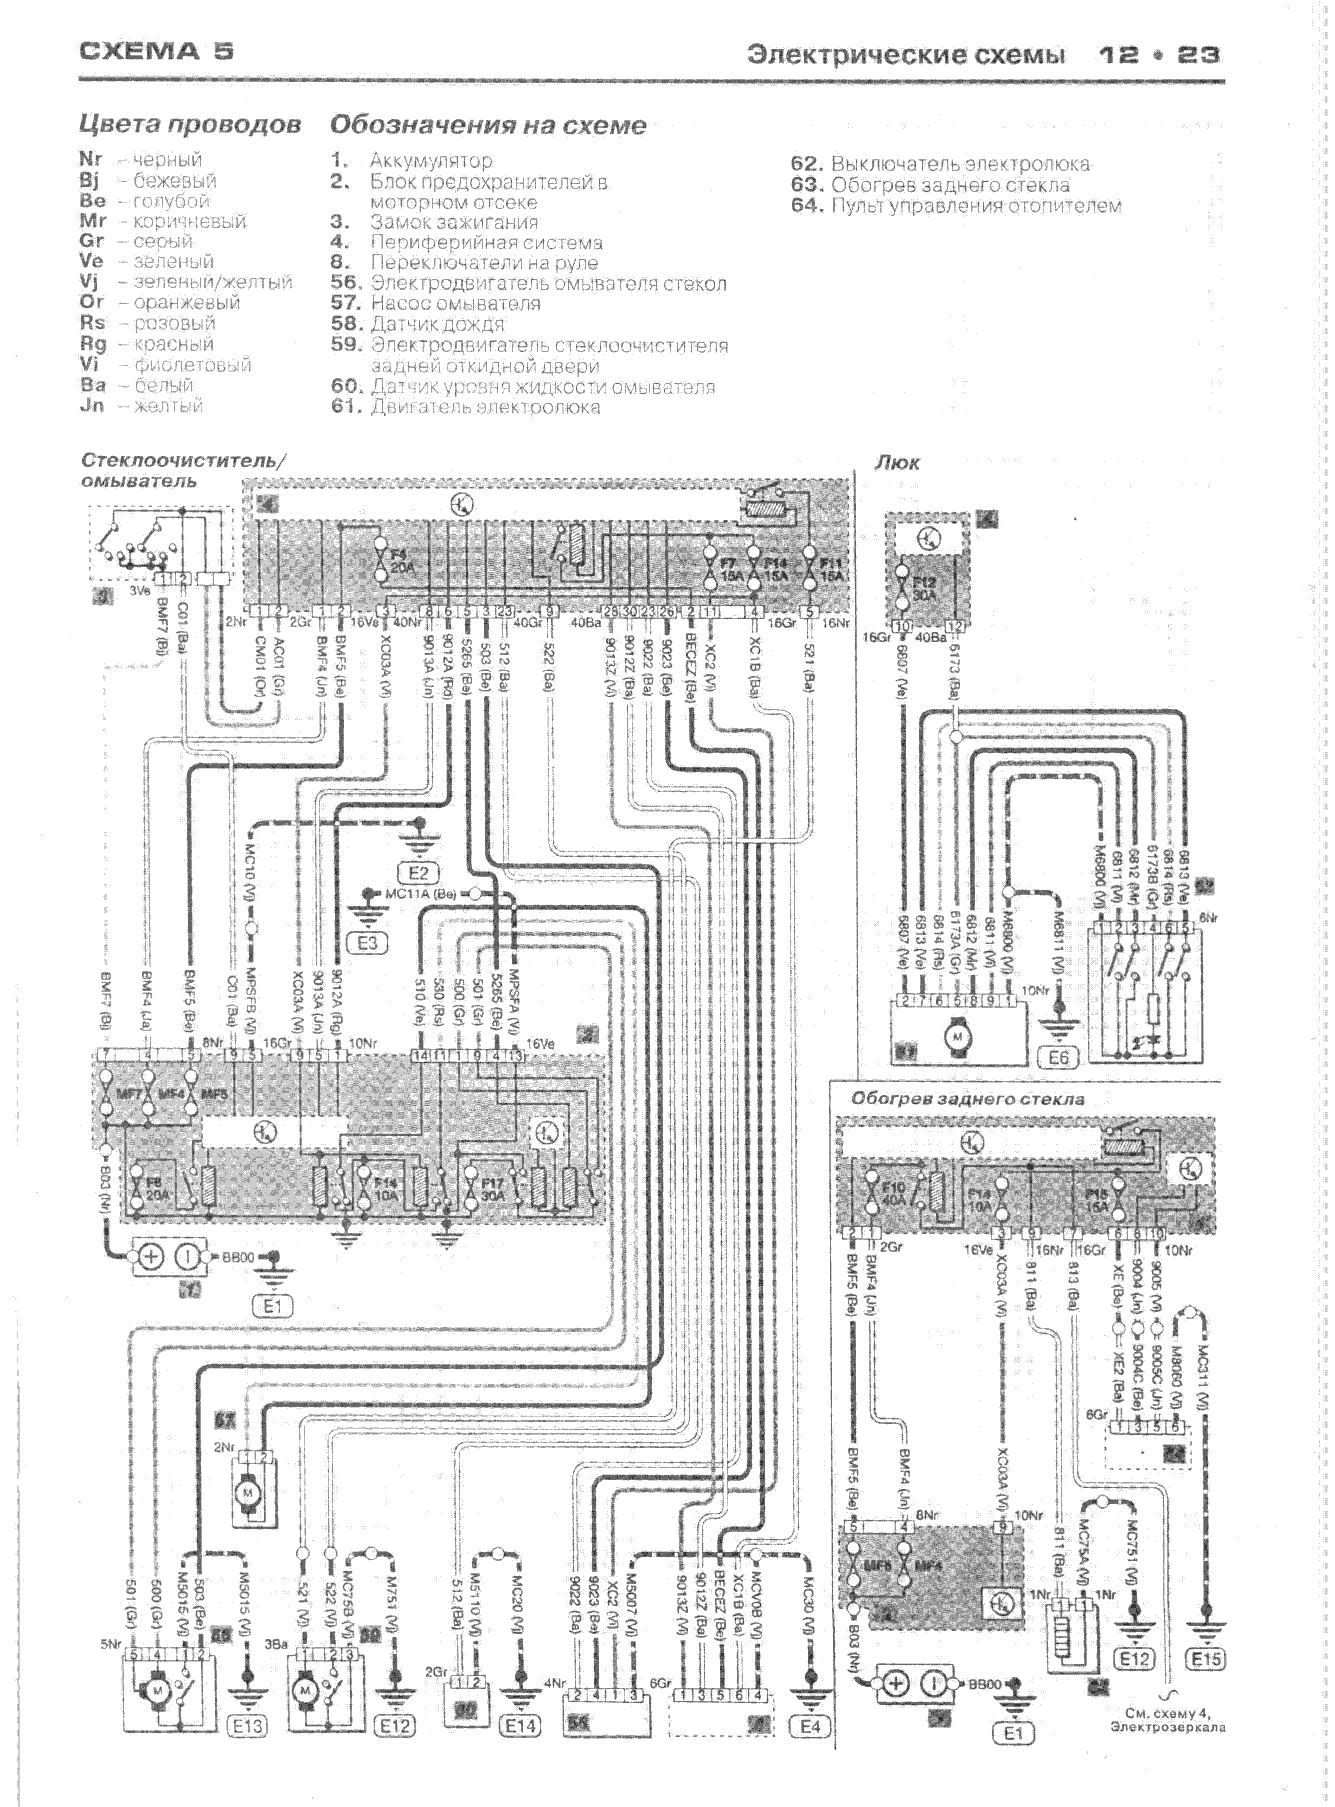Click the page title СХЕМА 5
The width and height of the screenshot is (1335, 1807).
point(157,52)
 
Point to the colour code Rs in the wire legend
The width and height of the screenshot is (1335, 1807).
point(93,322)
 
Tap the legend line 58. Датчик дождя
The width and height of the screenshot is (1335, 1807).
point(417,324)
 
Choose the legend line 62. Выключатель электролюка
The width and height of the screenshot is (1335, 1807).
point(940,164)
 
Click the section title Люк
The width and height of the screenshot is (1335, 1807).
point(897,463)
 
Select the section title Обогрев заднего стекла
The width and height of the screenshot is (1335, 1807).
point(967,1098)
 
